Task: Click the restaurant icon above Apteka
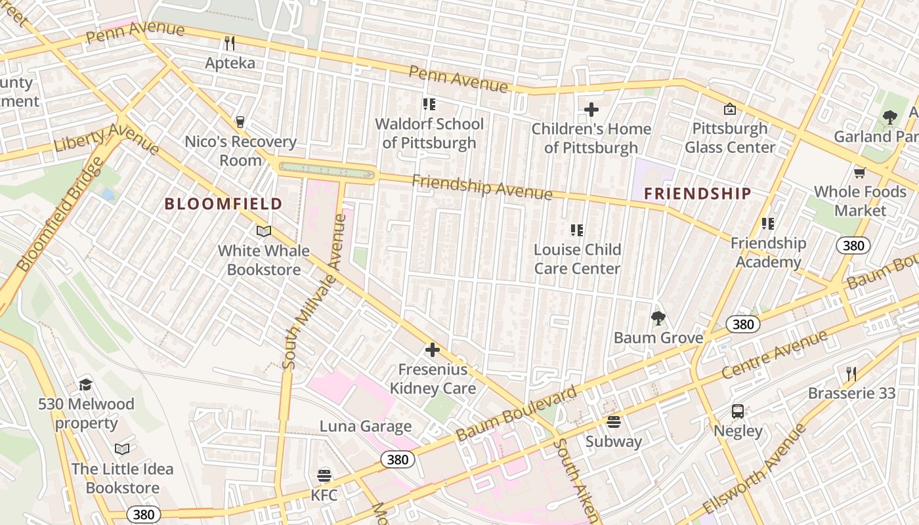pos(230,43)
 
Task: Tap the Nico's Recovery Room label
pos(240,151)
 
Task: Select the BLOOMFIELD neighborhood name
pos(223,204)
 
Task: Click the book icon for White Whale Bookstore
pos(264,231)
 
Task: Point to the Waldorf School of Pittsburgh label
pos(429,133)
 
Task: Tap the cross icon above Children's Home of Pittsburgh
pos(591,110)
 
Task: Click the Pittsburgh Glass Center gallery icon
pos(729,109)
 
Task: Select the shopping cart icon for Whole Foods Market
pos(859,173)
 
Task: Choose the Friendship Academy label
pos(768,253)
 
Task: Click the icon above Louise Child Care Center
pos(577,230)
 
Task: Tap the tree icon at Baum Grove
pos(658,318)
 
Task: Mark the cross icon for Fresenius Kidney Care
pos(433,350)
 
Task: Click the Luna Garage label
pos(366,427)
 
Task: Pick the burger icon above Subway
pos(614,421)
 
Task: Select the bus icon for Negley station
pos(738,411)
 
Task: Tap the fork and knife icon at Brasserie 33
pos(851,374)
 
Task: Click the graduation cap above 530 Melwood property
pos(85,385)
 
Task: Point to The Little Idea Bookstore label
pos(123,478)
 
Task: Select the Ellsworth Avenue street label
pos(755,469)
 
